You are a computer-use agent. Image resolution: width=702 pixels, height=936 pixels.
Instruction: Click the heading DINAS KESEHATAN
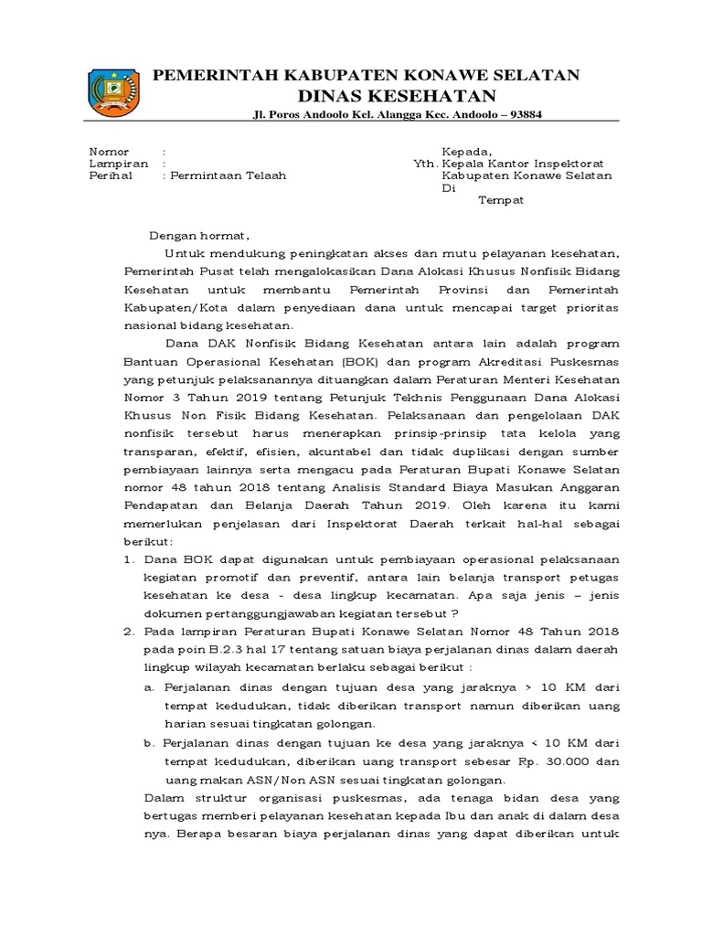(x=397, y=97)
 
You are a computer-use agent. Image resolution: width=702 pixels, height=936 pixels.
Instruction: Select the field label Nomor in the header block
(x=109, y=151)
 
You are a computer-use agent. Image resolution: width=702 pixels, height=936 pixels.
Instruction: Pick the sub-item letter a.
(x=149, y=686)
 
